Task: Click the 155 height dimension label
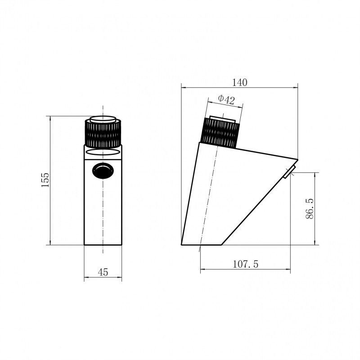pos(45,180)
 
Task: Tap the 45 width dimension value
pos(103,272)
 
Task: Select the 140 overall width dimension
pos(240,82)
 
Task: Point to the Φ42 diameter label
pos(226,99)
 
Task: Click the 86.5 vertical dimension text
pos(310,208)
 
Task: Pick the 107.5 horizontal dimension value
pos(245,264)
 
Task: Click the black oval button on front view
pos(103,171)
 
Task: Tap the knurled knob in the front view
pos(103,133)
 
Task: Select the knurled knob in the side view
pos(220,133)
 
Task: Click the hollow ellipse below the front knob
pos(103,152)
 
